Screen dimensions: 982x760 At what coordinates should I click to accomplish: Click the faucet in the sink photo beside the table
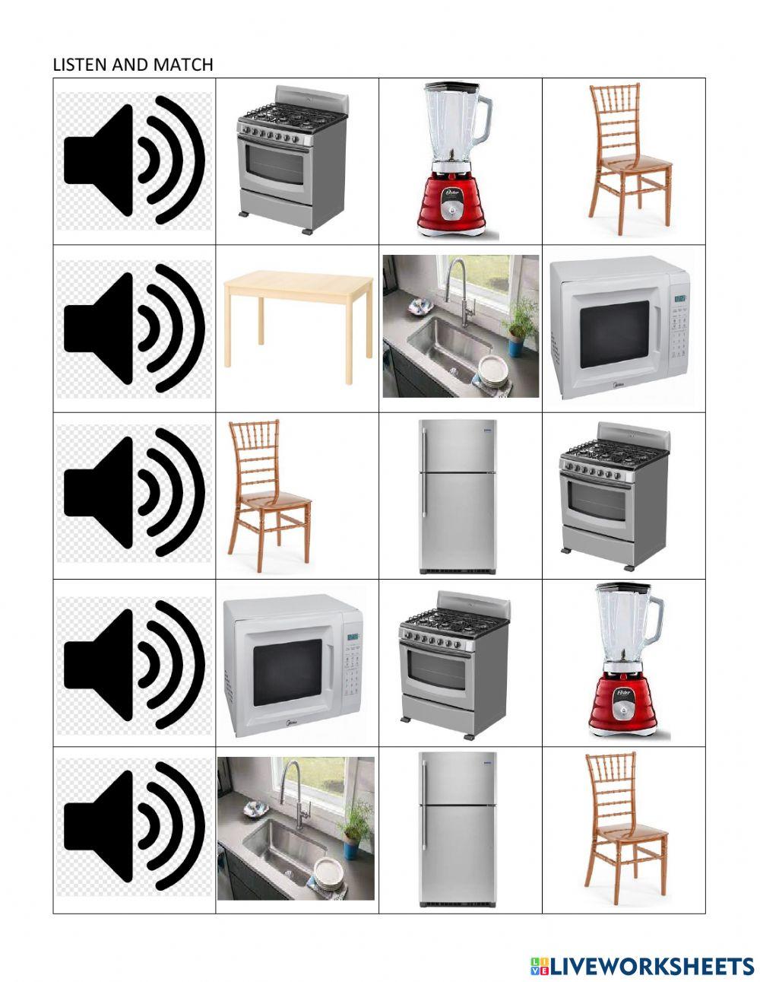pyautogui.click(x=460, y=285)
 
